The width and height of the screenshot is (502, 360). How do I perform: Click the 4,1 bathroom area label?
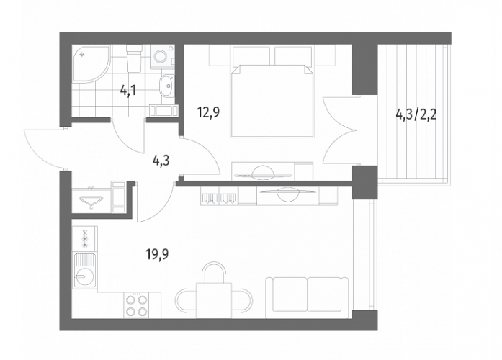(x=128, y=91)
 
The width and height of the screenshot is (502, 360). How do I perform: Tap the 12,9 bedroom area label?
(x=208, y=112)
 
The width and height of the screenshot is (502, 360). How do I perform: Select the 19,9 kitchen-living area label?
(x=157, y=255)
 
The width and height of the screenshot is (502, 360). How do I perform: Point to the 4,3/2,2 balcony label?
(x=416, y=114)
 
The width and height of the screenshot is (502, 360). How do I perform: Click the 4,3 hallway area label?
(x=161, y=161)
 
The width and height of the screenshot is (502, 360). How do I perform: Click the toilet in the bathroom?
(x=134, y=58)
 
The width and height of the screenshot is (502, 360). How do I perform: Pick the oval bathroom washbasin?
(x=166, y=86)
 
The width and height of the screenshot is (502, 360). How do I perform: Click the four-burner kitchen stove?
(x=137, y=305)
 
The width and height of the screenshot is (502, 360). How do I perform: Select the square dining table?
(x=214, y=300)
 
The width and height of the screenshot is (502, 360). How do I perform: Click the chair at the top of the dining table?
(x=214, y=272)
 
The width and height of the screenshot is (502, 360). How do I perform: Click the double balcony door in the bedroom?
(x=340, y=130)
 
